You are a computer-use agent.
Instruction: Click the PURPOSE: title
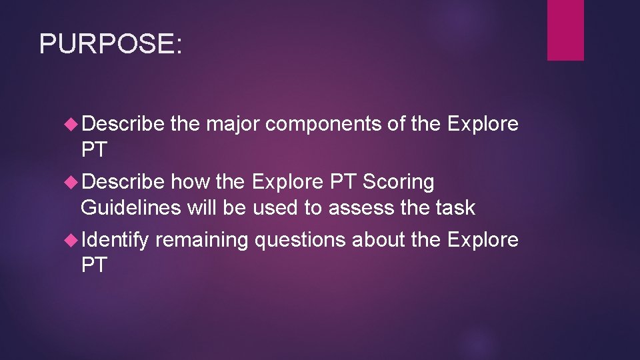(110, 44)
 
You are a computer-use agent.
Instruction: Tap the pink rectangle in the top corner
(565, 30)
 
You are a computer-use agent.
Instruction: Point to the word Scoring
(398, 182)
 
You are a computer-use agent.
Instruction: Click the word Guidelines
(131, 208)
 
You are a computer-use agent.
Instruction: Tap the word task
(457, 208)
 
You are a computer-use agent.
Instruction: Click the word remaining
(201, 240)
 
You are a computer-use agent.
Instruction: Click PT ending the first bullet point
(93, 151)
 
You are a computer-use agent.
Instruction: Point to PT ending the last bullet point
(93, 266)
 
